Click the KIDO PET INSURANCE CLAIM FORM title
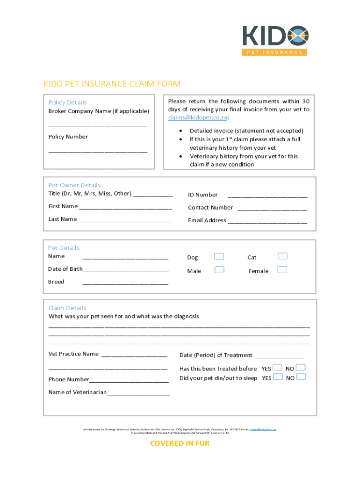(x=112, y=84)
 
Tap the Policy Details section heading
(x=68, y=102)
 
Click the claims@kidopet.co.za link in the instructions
(x=197, y=118)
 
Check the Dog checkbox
(x=219, y=257)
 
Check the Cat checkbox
(x=282, y=256)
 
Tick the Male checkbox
(x=219, y=270)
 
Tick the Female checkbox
(x=282, y=270)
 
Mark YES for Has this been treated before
(x=278, y=368)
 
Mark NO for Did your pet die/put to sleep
(x=301, y=377)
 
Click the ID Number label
(x=203, y=195)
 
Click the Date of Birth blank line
(x=126, y=270)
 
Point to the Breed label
(x=56, y=282)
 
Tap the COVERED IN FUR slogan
(x=180, y=443)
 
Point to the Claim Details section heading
(x=67, y=308)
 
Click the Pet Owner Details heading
(x=74, y=185)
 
